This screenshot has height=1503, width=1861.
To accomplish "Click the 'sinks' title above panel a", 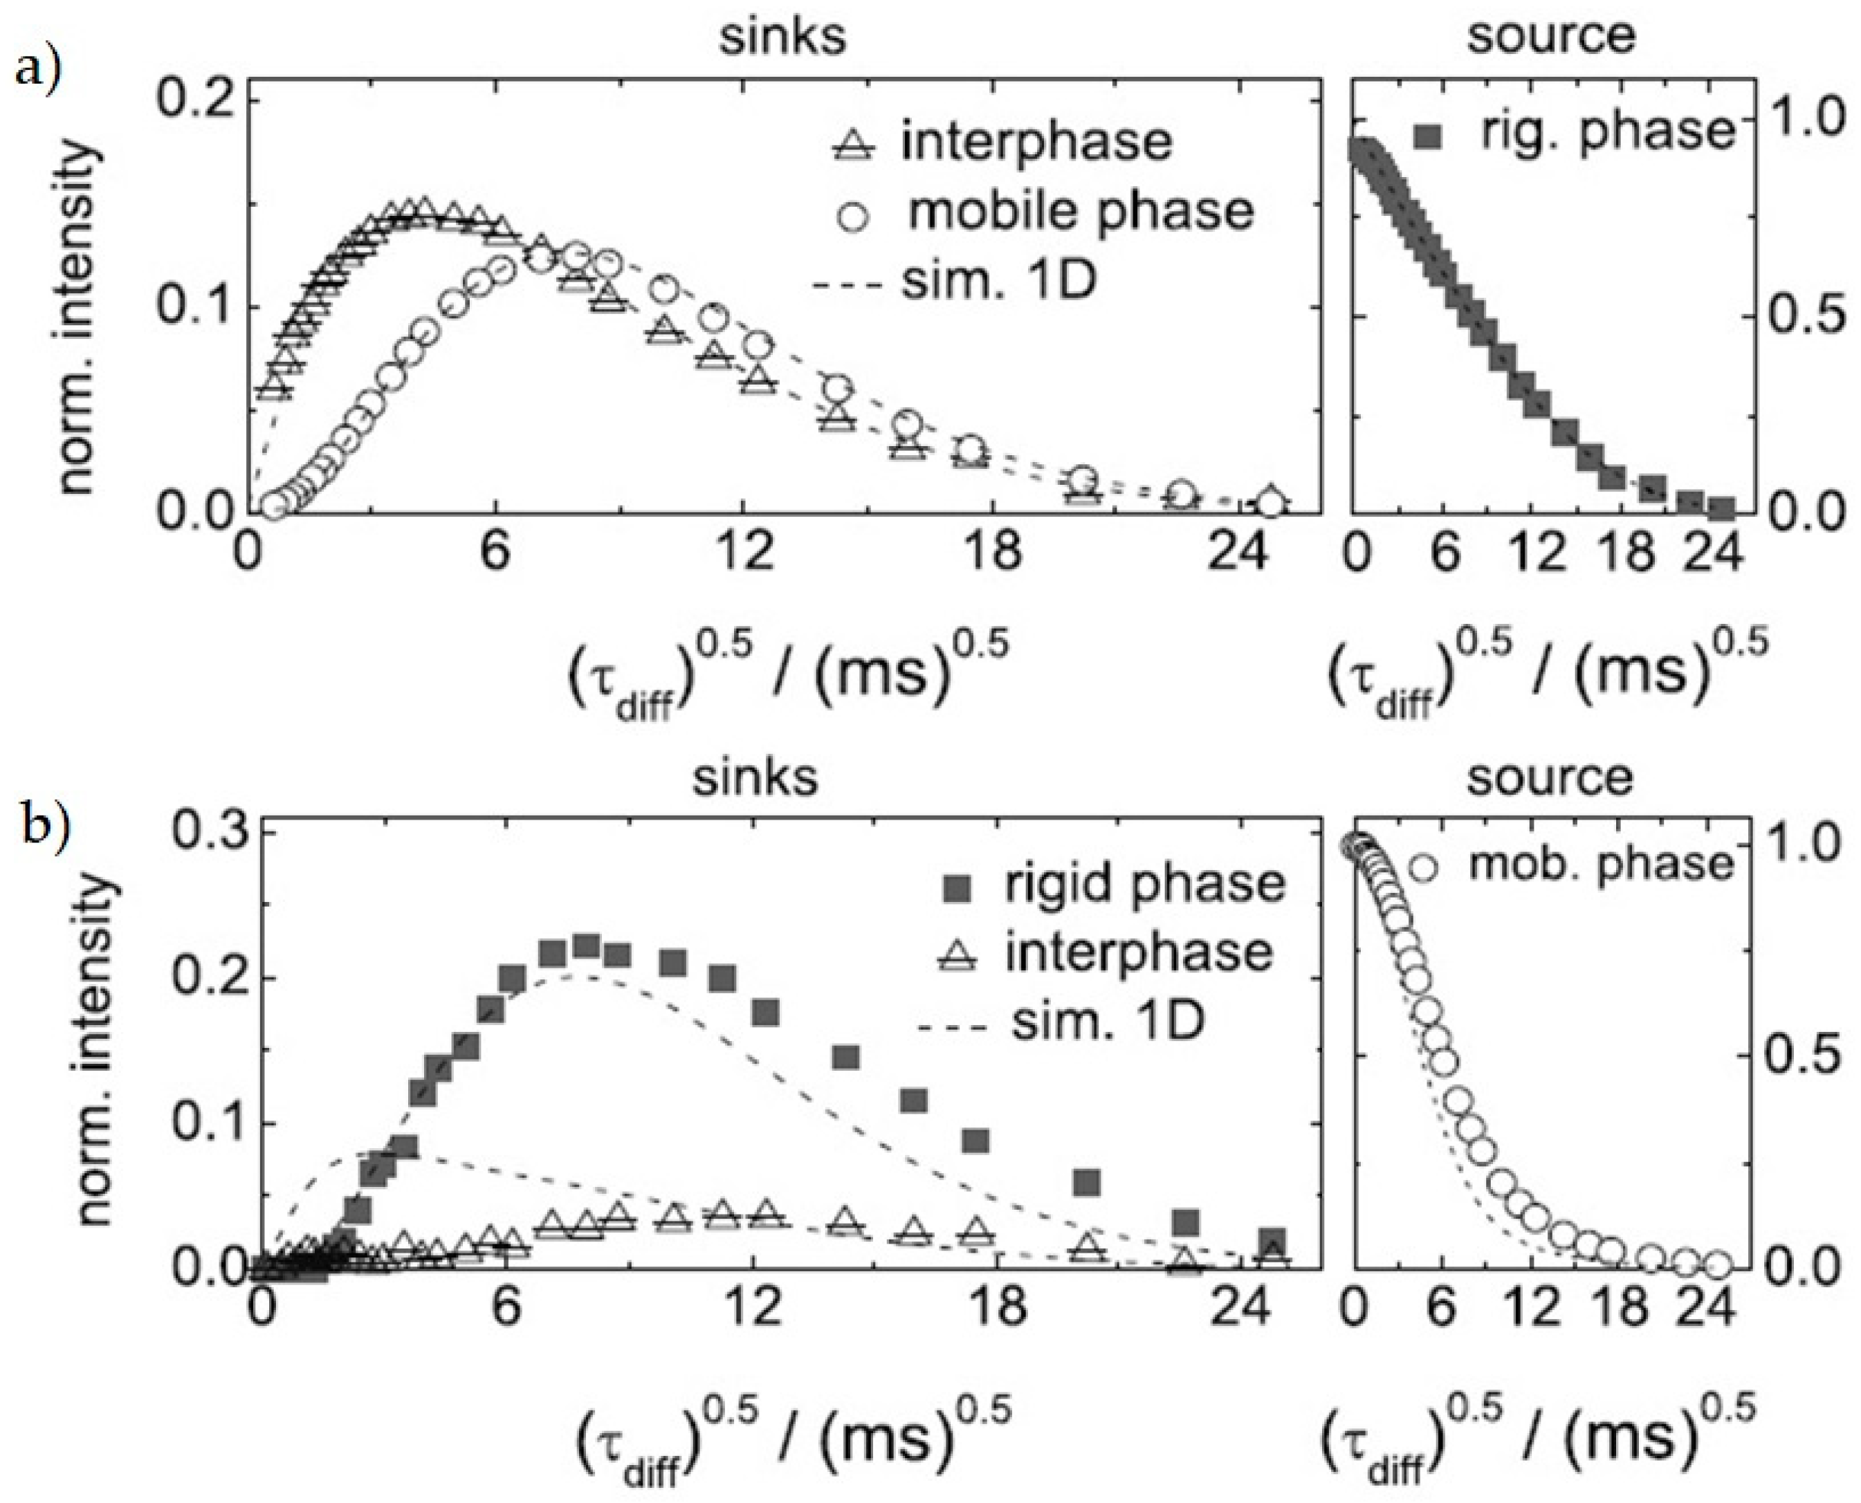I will click(x=784, y=37).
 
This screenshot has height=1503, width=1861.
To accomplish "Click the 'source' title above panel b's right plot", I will click(x=1550, y=777).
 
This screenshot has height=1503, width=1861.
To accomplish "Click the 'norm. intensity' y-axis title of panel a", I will click(x=78, y=320).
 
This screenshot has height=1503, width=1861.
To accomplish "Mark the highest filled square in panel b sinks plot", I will click(x=587, y=946).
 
